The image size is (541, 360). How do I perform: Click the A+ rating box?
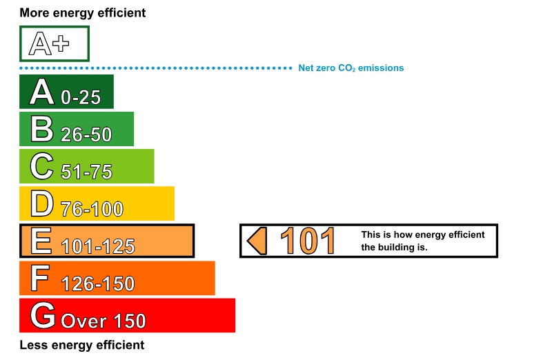click(55, 44)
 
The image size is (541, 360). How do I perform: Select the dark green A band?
click(66, 92)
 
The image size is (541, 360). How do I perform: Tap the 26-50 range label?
click(86, 134)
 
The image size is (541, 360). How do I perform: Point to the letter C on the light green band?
click(41, 166)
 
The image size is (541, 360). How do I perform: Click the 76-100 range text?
click(92, 209)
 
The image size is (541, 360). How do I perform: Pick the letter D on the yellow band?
click(41, 203)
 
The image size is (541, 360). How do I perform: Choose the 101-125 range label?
click(98, 246)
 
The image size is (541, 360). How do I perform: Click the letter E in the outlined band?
click(41, 241)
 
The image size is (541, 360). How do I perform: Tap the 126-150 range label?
click(98, 283)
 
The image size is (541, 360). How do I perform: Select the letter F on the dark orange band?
click(40, 278)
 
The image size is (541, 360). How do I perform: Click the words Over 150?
click(104, 321)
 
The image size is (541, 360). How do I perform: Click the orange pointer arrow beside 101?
click(257, 241)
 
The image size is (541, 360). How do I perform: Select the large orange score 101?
click(308, 241)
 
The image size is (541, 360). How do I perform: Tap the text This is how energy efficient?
click(422, 234)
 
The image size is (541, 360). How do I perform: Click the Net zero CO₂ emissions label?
click(351, 68)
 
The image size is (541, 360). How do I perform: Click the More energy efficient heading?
click(83, 12)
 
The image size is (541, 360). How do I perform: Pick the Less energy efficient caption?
click(81, 345)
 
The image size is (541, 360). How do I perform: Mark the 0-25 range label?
click(81, 97)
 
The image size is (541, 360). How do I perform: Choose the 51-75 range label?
click(86, 171)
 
